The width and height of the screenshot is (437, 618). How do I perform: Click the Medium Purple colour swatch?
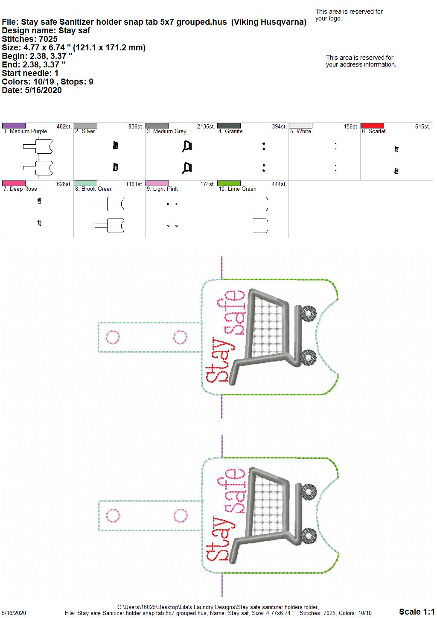(14, 125)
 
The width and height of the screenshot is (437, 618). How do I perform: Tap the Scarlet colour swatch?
(372, 125)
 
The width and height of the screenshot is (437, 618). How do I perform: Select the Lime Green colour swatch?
(229, 183)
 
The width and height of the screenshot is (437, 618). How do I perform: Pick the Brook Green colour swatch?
(85, 183)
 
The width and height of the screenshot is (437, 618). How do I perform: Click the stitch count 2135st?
(206, 126)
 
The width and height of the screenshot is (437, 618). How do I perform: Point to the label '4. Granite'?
(230, 131)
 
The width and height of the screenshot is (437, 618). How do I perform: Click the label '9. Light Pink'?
(162, 189)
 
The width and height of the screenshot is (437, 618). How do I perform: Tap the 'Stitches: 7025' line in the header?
(30, 39)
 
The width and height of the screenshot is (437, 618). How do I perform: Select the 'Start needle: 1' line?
(30, 73)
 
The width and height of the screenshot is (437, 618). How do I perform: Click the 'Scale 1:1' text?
(417, 612)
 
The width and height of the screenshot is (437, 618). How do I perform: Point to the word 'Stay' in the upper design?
(220, 360)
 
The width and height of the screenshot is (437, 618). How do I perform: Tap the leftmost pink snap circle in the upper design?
(113, 337)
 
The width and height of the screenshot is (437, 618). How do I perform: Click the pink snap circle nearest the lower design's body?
(181, 516)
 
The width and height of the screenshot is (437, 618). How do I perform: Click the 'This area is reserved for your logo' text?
(349, 15)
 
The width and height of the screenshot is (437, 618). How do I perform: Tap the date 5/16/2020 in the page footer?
(14, 613)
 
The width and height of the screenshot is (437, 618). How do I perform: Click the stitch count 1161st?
(134, 184)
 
